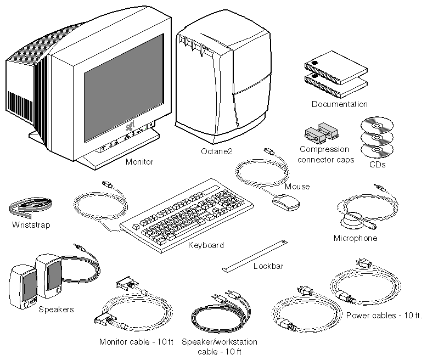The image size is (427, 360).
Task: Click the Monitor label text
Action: point(139,162)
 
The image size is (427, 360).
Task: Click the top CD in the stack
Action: point(377,126)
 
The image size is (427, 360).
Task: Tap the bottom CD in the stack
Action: point(377,148)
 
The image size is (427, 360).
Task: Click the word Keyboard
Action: point(206,245)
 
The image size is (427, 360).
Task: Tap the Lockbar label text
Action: point(268,267)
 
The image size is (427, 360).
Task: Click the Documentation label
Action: point(340,104)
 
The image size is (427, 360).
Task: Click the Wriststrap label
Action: point(31,225)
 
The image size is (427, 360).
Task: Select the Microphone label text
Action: point(356,238)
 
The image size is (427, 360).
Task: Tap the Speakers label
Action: point(56,310)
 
